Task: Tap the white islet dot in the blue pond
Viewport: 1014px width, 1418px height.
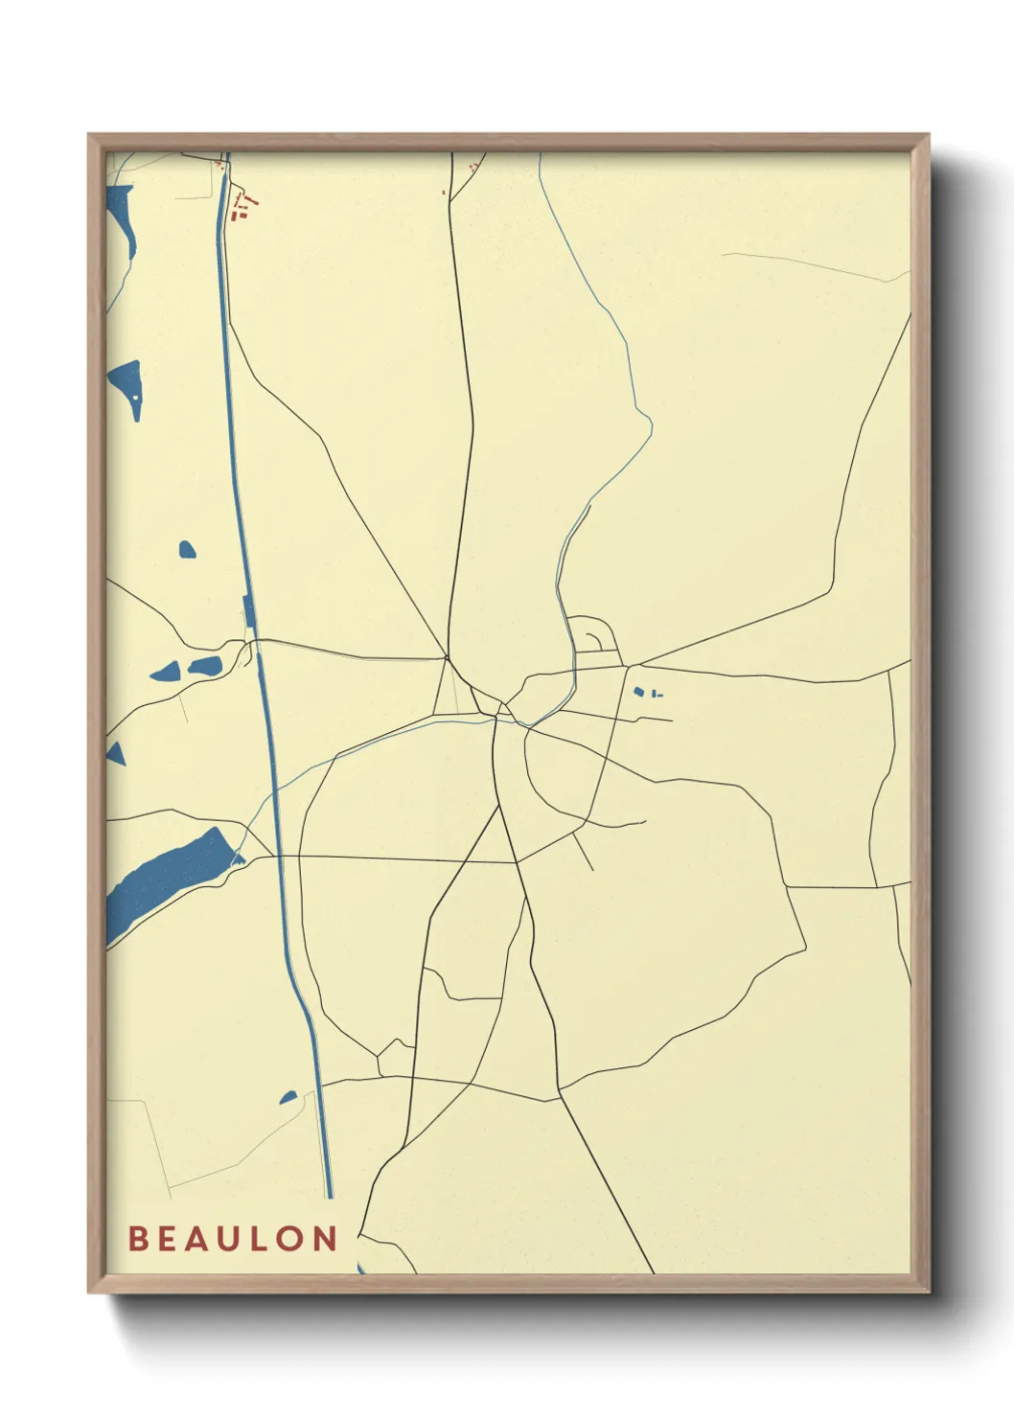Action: point(136,396)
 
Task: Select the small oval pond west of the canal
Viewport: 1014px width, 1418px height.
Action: point(187,550)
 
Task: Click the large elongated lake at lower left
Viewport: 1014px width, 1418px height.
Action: point(168,871)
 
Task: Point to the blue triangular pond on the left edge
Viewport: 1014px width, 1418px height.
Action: point(116,752)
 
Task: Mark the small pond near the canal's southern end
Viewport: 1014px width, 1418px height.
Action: point(288,1096)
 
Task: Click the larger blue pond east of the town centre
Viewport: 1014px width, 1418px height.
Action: point(638,691)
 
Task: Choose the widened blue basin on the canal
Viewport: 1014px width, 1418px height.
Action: point(247,610)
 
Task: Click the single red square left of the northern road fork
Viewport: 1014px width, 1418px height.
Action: point(444,193)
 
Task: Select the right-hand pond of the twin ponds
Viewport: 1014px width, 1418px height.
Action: point(205,666)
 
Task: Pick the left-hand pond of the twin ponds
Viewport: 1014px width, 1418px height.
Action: point(164,672)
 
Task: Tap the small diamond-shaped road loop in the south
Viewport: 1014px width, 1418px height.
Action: point(393,1057)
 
